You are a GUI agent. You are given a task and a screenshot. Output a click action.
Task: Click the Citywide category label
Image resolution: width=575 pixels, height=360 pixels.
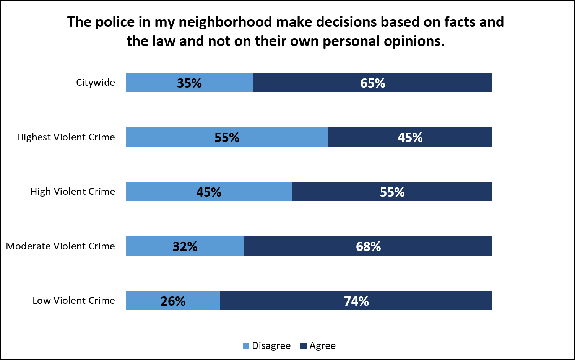[x=96, y=82]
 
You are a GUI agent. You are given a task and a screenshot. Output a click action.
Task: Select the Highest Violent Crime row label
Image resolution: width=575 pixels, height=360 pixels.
[x=66, y=137]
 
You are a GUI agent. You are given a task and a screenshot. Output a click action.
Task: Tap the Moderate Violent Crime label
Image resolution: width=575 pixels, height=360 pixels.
[x=60, y=246]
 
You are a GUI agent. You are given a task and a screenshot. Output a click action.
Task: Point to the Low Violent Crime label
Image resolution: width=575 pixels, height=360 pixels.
[x=74, y=300]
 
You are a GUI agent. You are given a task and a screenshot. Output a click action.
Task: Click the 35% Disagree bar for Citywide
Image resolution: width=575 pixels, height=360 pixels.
[x=189, y=83]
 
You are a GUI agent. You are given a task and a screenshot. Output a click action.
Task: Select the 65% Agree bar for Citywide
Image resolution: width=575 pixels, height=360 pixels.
[x=373, y=83]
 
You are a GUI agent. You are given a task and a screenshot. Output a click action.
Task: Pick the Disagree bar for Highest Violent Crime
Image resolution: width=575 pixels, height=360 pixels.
[x=227, y=137]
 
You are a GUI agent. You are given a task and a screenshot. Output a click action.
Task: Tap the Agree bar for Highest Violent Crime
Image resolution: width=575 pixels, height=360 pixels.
[x=410, y=137]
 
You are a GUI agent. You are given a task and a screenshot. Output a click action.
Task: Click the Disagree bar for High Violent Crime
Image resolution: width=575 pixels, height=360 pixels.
[x=209, y=192]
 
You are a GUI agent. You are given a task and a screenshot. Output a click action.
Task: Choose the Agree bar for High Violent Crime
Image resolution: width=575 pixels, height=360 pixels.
[x=392, y=192]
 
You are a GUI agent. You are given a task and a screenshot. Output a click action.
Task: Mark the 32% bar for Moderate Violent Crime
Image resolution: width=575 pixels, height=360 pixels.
[x=185, y=246]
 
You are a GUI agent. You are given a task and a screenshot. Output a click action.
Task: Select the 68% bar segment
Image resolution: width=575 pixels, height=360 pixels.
[x=368, y=246]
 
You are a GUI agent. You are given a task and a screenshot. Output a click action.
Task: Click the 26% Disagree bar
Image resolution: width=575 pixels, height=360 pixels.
[x=173, y=301]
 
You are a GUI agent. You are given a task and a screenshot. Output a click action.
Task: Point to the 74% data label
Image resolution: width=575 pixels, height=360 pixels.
[x=356, y=301]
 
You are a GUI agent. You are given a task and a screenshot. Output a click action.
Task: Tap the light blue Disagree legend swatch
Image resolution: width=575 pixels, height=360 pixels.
[x=246, y=346]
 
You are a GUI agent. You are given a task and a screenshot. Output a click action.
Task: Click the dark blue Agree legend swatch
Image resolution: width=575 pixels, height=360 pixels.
[x=304, y=346]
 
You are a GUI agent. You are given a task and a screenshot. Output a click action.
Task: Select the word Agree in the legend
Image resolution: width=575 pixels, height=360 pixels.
[x=322, y=346]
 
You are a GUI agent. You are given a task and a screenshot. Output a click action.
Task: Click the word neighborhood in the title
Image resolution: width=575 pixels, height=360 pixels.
[x=225, y=22]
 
